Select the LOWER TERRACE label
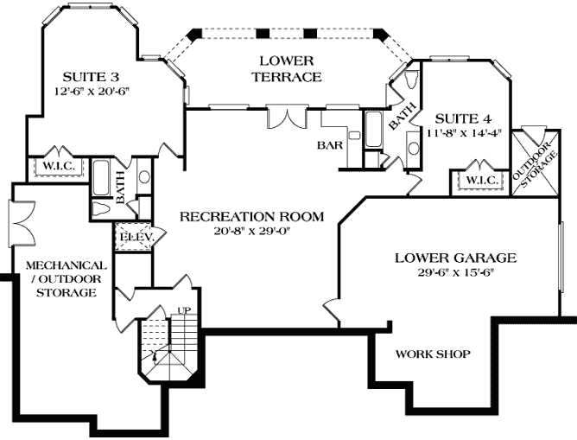click(287, 68)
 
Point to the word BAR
click(331, 145)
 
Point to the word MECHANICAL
click(66, 265)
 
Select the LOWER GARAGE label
click(455, 258)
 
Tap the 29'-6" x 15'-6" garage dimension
click(455, 272)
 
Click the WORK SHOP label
click(432, 354)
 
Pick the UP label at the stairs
click(182, 309)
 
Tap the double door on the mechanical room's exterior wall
click(21, 219)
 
